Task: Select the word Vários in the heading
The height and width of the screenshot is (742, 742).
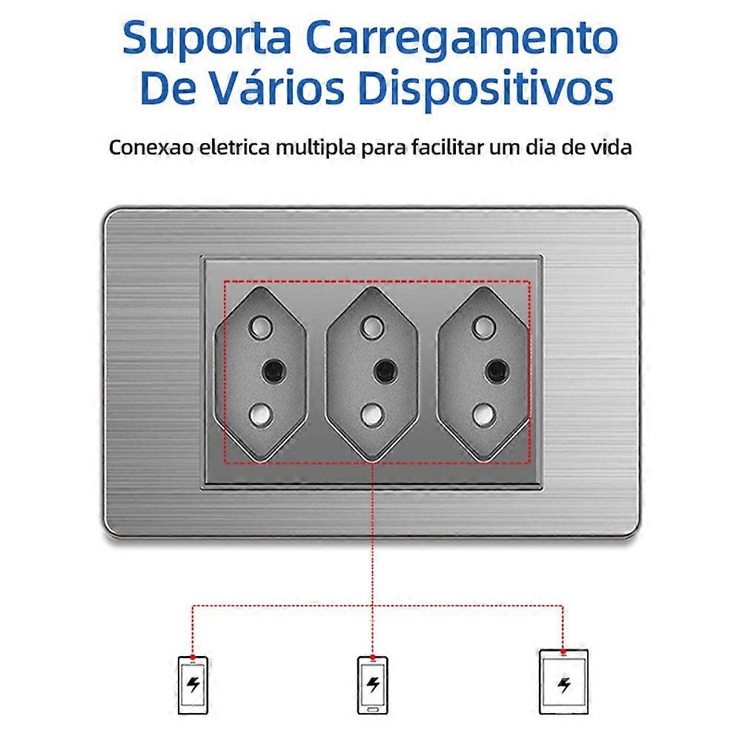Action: [278, 87]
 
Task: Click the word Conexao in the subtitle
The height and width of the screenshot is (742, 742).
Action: [151, 148]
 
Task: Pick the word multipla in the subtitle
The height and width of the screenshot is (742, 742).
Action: [315, 148]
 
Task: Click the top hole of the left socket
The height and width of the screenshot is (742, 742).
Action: [260, 328]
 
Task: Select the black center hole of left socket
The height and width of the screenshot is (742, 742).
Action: [274, 371]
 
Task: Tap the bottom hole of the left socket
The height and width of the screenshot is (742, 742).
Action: [261, 415]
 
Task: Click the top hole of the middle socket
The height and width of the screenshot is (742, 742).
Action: [372, 328]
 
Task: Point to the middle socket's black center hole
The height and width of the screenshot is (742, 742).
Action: [385, 371]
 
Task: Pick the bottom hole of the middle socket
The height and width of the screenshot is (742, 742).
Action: [373, 415]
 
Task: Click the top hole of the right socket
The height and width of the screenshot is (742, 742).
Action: [484, 328]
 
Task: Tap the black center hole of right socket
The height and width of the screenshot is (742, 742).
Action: [497, 371]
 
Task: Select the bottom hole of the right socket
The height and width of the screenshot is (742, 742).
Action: [485, 415]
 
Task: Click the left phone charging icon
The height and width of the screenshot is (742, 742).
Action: [193, 685]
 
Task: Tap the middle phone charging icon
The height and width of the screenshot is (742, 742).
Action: [373, 684]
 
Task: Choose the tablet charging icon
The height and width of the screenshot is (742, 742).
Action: [563, 682]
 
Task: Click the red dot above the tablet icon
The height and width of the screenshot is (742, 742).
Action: [563, 652]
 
